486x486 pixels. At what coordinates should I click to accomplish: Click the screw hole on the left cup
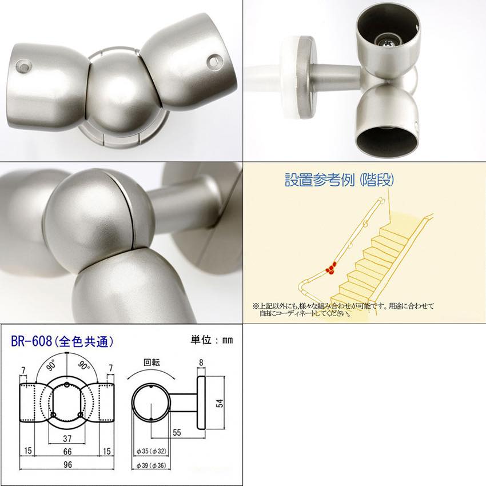coord(25,66)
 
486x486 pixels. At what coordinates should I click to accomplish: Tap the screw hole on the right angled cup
coord(214,61)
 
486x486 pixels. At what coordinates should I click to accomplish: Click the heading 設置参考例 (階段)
coord(339,180)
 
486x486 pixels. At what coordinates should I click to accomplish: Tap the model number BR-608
coord(31,341)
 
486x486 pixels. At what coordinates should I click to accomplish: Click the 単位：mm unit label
coord(212,340)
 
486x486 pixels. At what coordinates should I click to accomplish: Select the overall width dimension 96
coord(67,464)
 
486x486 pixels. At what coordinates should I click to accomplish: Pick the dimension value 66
coord(67,451)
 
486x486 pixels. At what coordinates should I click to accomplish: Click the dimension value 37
coord(67,439)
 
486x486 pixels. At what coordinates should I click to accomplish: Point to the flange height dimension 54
coord(220,403)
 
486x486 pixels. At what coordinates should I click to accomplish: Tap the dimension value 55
coord(177,433)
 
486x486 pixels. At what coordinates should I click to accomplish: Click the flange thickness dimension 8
coord(201,362)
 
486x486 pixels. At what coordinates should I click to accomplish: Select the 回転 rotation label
coord(152,362)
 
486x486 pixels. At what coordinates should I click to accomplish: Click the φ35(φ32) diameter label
coord(152,451)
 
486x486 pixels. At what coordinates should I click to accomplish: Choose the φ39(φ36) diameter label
coord(152,465)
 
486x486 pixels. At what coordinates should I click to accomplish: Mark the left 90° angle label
coord(51,365)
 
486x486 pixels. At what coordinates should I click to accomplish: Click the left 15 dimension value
coord(28,451)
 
